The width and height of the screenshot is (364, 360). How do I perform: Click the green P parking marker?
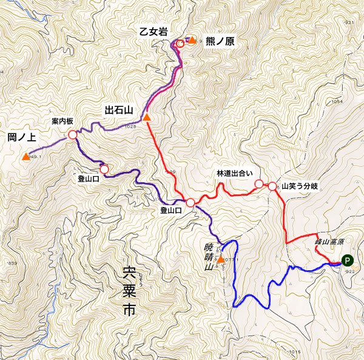click(x=347, y=261)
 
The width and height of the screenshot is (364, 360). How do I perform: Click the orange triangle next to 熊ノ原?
click(x=192, y=40)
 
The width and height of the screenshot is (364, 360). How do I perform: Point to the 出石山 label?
click(x=118, y=110)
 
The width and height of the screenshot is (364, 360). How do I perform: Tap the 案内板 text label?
click(x=62, y=121)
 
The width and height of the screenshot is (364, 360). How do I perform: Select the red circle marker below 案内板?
click(x=72, y=135)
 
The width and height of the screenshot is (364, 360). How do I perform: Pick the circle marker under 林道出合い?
click(x=258, y=184)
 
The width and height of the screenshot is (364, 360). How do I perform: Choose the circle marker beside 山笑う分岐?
click(x=272, y=186)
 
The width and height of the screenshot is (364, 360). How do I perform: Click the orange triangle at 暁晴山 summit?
click(x=220, y=261)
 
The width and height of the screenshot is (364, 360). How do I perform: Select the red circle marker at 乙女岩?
click(x=180, y=44)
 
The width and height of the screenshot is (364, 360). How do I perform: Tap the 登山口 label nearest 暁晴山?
click(x=172, y=211)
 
